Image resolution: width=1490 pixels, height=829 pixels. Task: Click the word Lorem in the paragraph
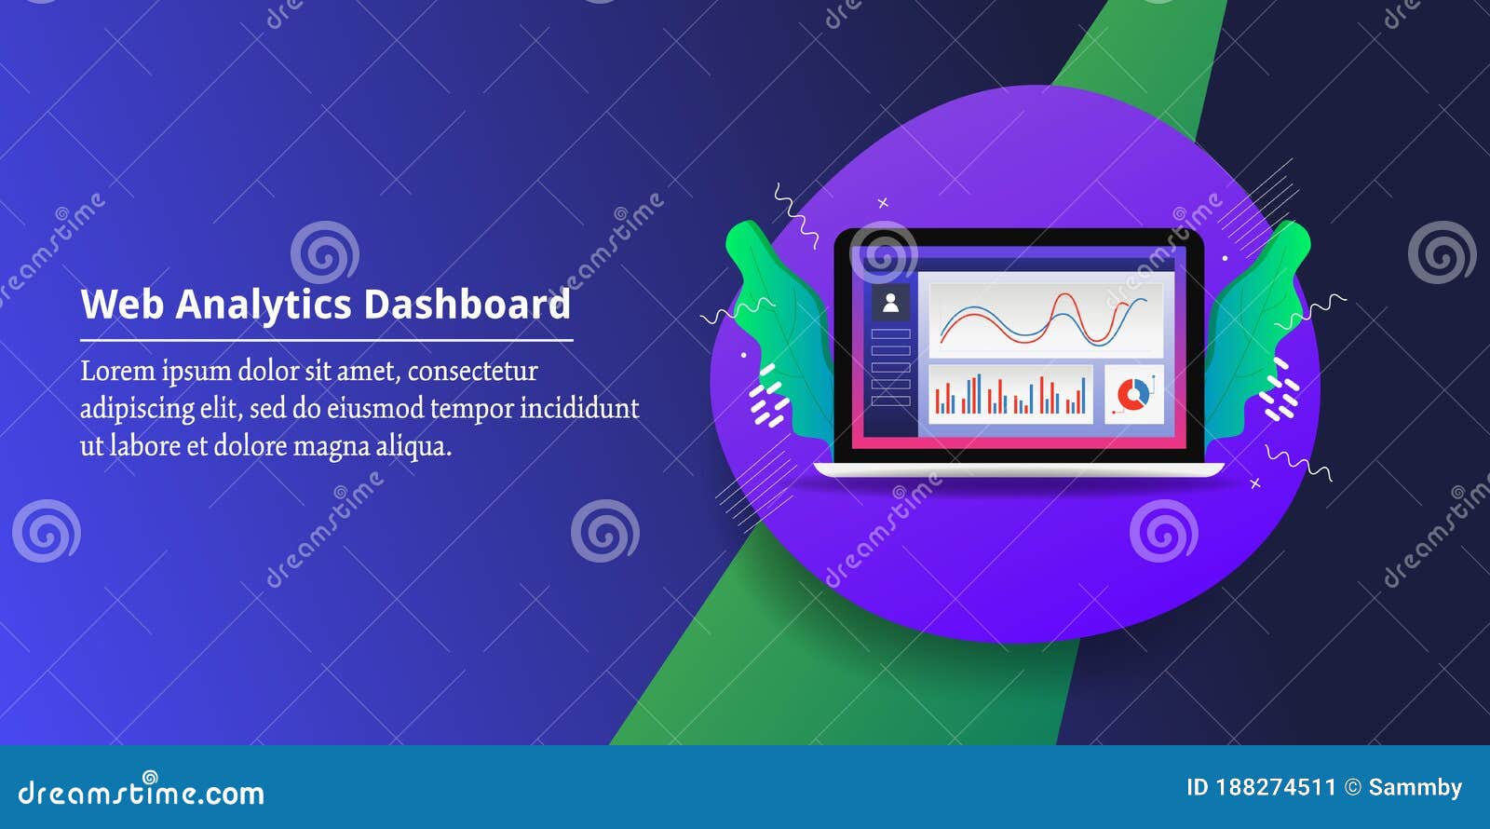(117, 371)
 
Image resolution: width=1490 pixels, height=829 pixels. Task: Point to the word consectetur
(472, 371)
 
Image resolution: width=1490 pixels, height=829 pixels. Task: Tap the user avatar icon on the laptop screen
(890, 303)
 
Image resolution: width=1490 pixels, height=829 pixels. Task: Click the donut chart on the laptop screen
(1132, 395)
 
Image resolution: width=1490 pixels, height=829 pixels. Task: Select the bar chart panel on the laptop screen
(1010, 395)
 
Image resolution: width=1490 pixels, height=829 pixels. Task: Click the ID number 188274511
(1276, 788)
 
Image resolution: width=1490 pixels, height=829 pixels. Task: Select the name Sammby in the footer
(1415, 788)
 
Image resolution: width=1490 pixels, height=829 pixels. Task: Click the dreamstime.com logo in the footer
(142, 792)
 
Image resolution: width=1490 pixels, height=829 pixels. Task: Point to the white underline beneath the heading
(326, 341)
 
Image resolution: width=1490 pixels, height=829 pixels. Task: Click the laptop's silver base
(1019, 470)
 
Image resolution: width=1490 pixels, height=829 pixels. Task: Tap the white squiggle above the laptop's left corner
(794, 214)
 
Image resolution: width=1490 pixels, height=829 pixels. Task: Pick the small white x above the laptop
(883, 203)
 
